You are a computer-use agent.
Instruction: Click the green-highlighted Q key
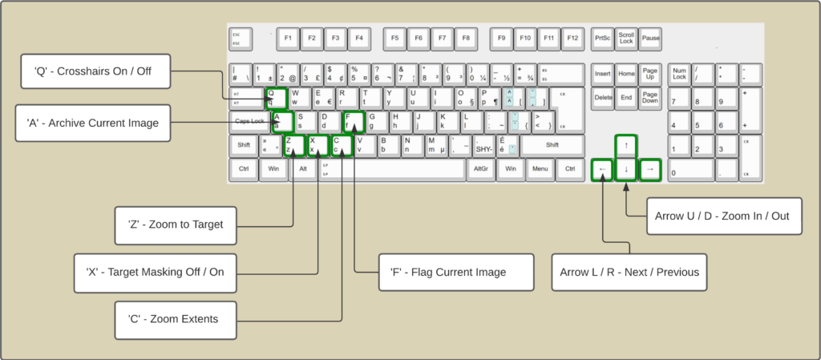(x=275, y=98)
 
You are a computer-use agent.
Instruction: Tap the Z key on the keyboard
(x=294, y=145)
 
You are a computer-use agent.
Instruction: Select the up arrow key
(x=625, y=145)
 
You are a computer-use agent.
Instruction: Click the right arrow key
(x=650, y=169)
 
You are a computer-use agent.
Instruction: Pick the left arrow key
(x=601, y=169)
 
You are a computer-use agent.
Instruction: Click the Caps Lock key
(x=249, y=121)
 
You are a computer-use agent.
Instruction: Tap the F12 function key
(x=572, y=38)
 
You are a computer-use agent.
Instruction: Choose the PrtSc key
(x=602, y=38)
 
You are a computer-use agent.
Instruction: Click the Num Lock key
(x=680, y=74)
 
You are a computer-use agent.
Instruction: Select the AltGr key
(x=481, y=169)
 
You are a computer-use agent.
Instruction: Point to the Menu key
(x=540, y=169)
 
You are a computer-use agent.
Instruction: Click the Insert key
(x=603, y=74)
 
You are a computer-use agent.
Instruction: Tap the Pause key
(x=650, y=38)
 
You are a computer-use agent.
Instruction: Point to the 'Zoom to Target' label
(x=176, y=224)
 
